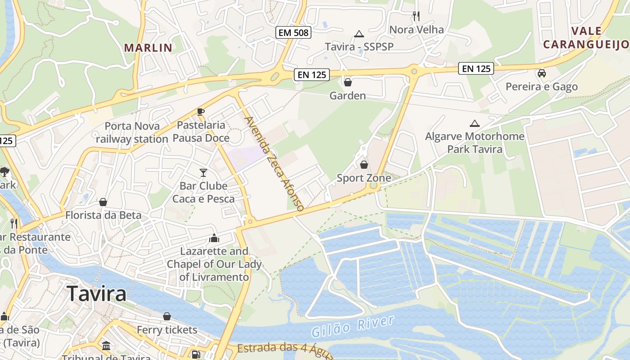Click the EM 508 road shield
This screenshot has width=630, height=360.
294,32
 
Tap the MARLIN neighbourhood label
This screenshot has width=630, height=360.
148,48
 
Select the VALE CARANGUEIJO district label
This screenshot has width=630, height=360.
585,37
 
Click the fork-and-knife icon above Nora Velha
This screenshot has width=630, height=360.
416,16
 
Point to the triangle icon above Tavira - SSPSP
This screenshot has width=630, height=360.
359,34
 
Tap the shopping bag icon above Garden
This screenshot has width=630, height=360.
347,82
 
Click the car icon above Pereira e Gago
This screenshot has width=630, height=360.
542,73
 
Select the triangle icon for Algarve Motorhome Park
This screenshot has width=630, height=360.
474,123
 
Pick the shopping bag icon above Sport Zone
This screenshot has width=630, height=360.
364,165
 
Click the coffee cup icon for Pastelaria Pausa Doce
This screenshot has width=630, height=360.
201,112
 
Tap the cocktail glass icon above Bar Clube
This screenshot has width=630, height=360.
203,172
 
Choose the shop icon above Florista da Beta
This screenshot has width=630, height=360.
103,202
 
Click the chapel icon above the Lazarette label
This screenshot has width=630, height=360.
214,238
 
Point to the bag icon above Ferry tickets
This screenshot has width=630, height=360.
167,316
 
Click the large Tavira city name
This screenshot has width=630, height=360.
97,294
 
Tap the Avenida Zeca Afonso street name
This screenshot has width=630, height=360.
274,164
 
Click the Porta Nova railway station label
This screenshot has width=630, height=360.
132,132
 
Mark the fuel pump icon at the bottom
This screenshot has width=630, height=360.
195,354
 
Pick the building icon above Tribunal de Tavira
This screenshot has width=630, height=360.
107,346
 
